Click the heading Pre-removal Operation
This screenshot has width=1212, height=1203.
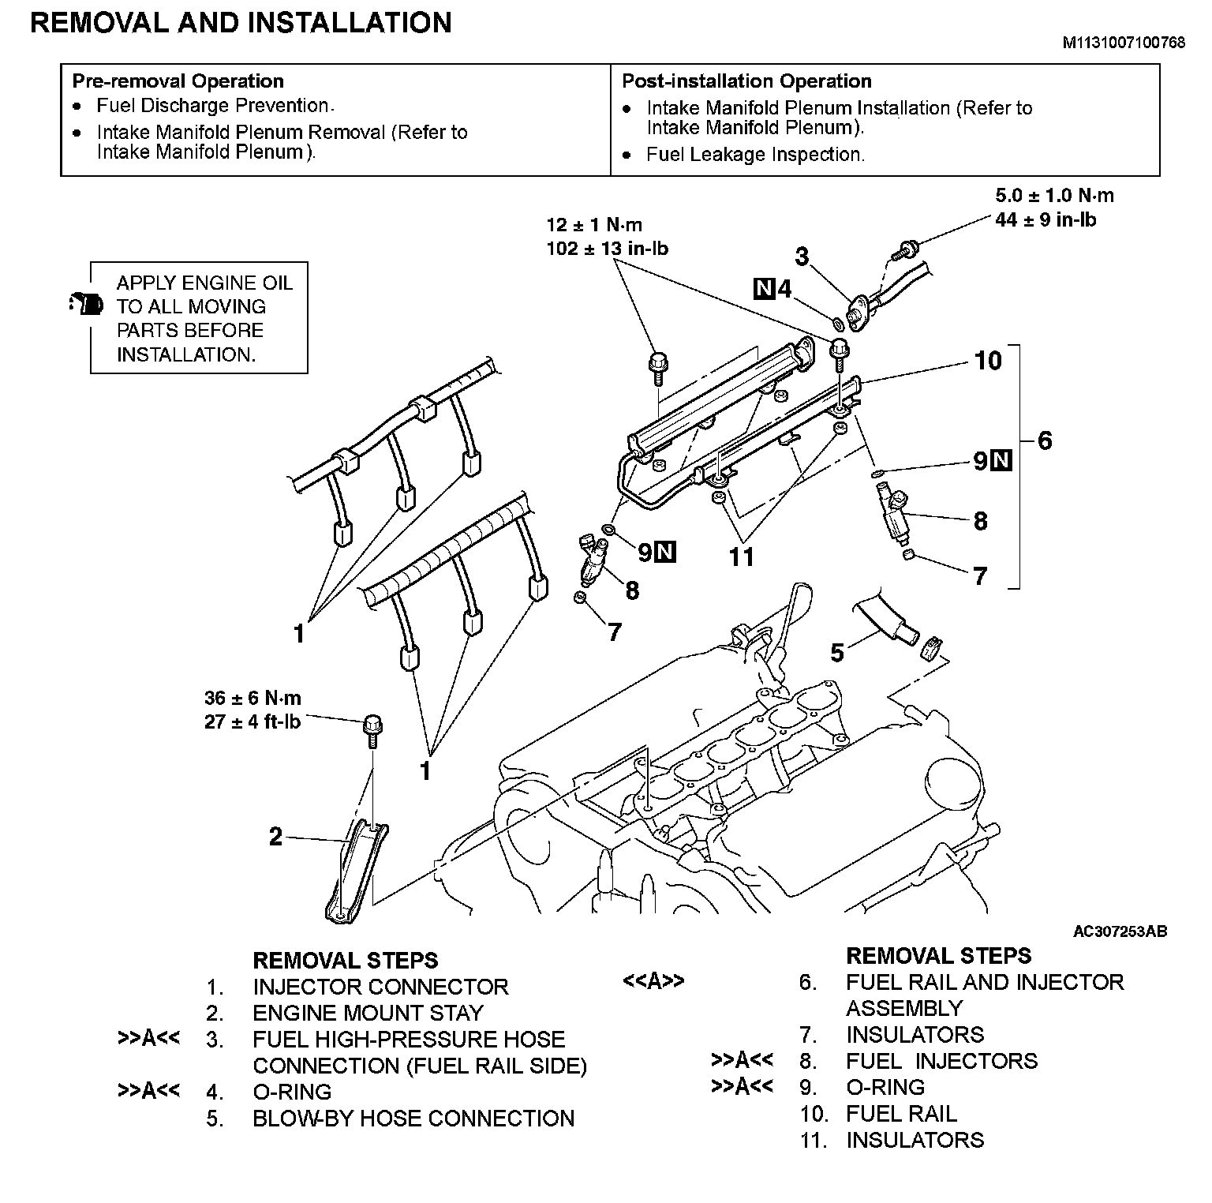178,81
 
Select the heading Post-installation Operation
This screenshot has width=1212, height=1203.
746,81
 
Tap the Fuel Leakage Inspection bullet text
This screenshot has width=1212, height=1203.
755,155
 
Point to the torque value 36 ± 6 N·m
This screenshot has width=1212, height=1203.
252,699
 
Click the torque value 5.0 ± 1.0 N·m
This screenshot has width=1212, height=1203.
1054,196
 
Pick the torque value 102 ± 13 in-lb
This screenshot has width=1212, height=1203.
608,249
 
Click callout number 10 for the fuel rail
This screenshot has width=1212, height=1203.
987,361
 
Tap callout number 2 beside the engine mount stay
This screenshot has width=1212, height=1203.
275,836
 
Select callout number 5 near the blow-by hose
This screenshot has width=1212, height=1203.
837,652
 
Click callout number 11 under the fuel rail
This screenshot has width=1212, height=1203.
742,557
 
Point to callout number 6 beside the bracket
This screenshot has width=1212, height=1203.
1045,440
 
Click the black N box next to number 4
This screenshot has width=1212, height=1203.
764,290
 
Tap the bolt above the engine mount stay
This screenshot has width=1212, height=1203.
372,729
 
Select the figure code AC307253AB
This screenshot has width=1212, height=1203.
1120,931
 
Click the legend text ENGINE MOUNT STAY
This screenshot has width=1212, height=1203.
367,1013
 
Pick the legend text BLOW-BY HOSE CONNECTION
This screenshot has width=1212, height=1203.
413,1119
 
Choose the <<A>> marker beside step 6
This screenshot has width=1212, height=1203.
653,981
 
